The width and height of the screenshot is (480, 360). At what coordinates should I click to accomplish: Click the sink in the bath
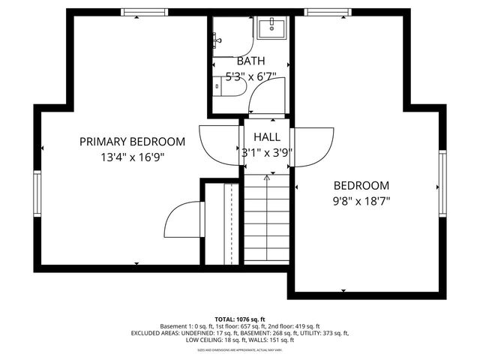tap(270, 28)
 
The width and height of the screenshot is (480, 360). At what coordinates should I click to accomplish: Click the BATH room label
tap(250, 61)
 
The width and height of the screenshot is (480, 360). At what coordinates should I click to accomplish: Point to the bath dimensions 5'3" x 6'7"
tap(251, 76)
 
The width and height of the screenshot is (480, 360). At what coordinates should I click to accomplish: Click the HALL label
tap(266, 137)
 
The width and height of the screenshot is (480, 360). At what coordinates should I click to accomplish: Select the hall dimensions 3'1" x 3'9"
tap(266, 152)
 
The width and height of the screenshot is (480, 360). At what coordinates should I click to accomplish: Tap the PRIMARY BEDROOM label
tap(132, 142)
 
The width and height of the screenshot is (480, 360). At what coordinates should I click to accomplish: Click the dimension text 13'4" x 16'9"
tap(132, 157)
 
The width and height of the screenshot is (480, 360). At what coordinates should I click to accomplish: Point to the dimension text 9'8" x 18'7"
tap(361, 201)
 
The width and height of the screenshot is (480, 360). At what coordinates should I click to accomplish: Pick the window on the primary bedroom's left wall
tap(36, 193)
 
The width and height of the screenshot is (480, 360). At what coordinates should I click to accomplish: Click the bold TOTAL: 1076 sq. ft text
tap(239, 319)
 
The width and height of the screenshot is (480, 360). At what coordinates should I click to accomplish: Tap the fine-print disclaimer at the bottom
tap(239, 350)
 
